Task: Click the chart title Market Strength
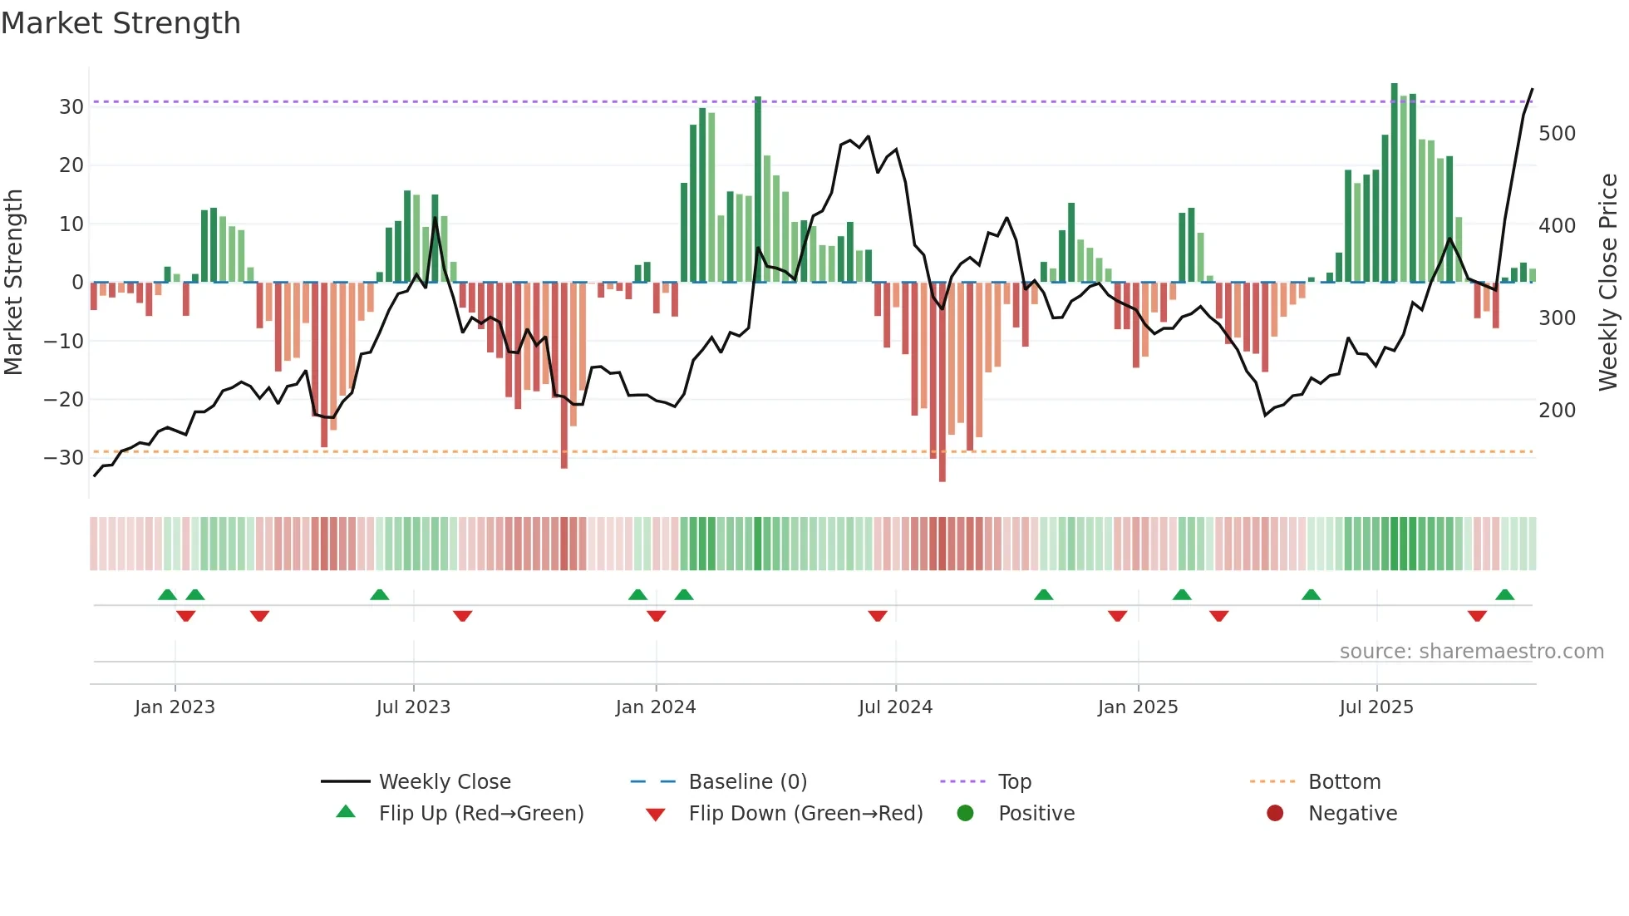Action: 121,23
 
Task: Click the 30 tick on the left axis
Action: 71,107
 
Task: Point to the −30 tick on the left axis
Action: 64,458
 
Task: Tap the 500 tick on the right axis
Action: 1557,134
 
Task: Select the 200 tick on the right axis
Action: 1557,411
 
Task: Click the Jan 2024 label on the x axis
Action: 655,707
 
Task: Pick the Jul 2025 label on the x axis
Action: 1376,707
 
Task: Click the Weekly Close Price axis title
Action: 1608,283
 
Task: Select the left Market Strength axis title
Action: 13,283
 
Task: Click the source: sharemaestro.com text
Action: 1471,652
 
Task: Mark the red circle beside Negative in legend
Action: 1274,814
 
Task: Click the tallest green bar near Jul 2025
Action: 1394,183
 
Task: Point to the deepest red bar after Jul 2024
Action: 942,382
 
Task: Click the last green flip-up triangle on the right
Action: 1504,595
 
